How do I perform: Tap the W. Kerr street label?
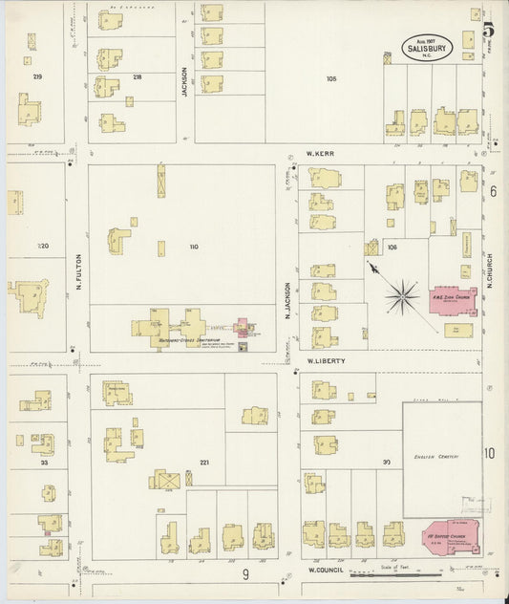pos(319,153)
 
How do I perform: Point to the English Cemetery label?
pos(435,456)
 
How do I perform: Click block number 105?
pos(331,78)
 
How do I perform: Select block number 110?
pos(194,248)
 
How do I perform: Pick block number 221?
pos(203,463)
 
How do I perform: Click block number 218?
pos(138,76)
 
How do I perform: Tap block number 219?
pos(38,76)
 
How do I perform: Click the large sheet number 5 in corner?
pos(487,15)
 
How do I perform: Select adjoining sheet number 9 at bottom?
pos(244,573)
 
